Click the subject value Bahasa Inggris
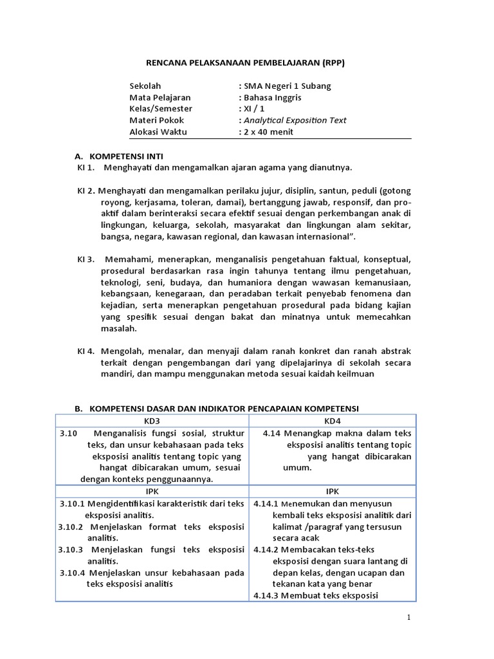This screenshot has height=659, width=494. point(272,97)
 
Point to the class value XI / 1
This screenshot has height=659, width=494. point(253,109)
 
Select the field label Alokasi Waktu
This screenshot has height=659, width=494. point(158,132)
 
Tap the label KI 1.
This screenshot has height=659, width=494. point(86,167)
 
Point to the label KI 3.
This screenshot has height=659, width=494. point(86,259)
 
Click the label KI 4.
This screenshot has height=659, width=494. point(86,351)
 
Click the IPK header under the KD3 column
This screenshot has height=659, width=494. point(152,490)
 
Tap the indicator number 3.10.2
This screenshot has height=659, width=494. point(71,526)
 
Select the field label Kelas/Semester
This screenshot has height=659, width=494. point(161,109)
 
